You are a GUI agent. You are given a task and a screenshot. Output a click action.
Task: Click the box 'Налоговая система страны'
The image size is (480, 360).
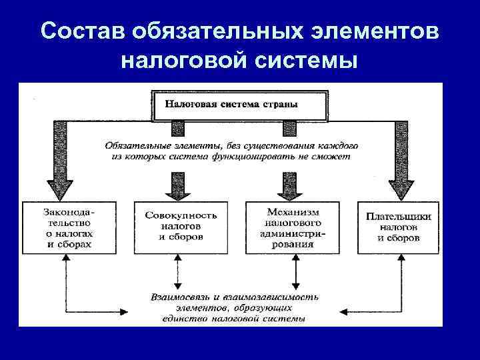pyautogui.click(x=240, y=105)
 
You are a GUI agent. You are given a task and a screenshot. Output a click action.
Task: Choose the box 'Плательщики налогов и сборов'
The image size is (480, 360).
pyautogui.click(x=399, y=227)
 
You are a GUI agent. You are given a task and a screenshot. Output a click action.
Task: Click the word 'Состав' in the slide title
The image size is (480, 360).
pyautogui.click(x=81, y=32)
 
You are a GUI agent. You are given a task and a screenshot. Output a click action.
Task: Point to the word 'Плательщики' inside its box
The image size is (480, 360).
pyautogui.click(x=399, y=216)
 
